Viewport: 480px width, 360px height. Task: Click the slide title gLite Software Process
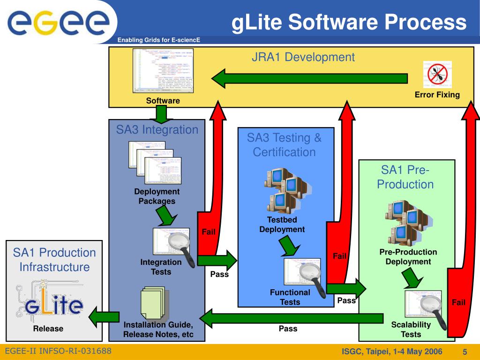(349, 22)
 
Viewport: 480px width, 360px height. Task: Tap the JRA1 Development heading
(303, 57)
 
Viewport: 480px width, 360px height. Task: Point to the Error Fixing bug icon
(437, 74)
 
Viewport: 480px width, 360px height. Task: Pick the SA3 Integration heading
(157, 129)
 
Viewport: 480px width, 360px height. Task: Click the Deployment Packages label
(157, 196)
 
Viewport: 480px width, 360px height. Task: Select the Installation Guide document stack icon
(153, 304)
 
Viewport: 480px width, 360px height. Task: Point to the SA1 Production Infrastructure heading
(54, 260)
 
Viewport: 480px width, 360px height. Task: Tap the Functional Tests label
(290, 297)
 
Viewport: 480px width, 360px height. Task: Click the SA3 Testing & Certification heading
(285, 145)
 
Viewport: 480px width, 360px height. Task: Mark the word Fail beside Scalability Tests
(458, 302)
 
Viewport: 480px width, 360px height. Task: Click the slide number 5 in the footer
(465, 352)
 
